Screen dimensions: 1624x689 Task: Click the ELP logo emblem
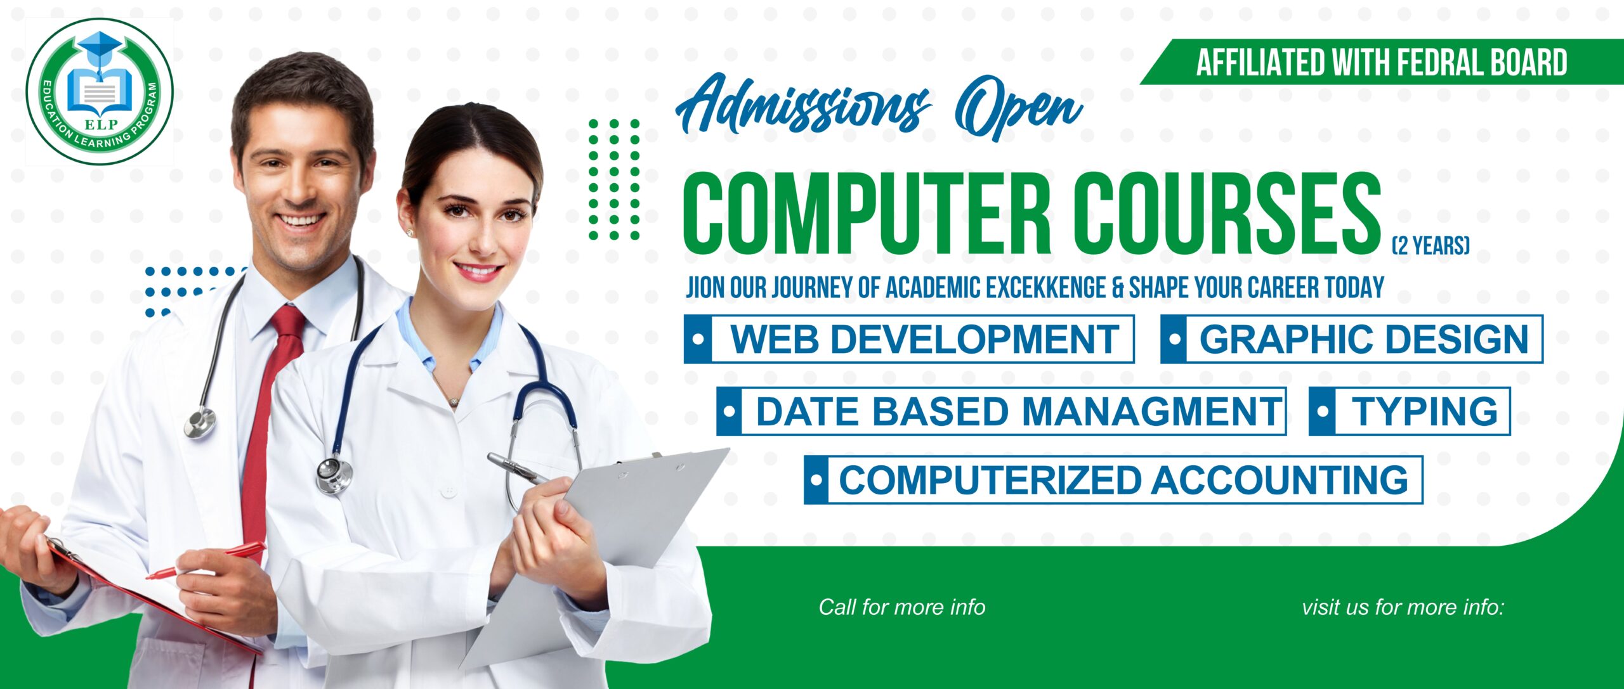point(100,91)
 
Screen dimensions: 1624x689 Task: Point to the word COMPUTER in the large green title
point(867,214)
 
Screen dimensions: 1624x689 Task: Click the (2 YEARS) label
point(1431,245)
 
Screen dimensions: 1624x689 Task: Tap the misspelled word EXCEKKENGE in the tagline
point(1047,288)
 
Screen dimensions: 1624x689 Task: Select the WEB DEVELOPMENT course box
point(909,339)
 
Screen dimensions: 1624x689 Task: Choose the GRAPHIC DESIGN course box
point(1352,339)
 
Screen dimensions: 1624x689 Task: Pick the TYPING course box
point(1410,411)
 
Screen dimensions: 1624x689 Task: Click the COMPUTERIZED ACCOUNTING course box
point(1113,480)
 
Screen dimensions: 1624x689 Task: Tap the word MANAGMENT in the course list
point(1152,411)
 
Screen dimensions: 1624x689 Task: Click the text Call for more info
point(902,607)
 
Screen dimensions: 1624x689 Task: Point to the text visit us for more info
point(1403,607)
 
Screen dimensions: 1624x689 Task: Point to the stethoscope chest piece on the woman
point(334,474)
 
